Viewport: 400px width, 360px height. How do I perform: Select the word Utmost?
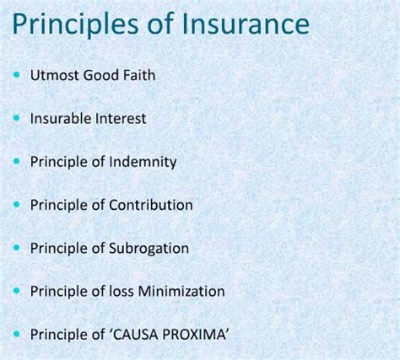(53, 75)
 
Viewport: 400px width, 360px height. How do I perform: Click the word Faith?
(137, 75)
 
